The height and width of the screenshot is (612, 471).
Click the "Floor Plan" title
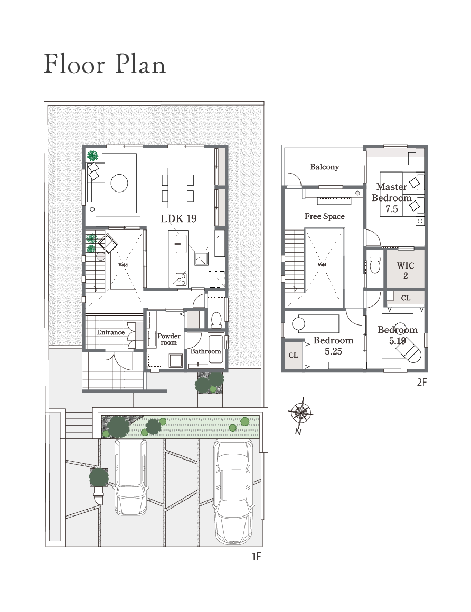105,64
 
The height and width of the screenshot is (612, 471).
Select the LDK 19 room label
178,218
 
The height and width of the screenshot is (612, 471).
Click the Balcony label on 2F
324,167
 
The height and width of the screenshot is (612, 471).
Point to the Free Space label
325,216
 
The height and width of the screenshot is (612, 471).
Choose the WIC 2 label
406,271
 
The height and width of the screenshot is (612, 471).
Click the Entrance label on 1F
110,332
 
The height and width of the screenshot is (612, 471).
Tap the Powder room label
169,339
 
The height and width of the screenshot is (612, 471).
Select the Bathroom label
205,351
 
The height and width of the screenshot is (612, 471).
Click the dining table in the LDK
178,188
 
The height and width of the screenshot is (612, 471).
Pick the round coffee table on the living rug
119,183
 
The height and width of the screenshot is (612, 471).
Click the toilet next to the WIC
375,265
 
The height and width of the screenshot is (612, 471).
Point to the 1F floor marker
256,556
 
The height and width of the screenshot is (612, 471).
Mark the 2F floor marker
422,382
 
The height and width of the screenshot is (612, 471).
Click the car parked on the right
233,492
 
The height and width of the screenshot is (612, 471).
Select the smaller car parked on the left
131,477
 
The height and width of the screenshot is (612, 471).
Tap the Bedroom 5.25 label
333,346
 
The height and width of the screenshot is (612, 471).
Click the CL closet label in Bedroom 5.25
293,355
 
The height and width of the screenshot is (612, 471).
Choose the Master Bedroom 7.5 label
392,198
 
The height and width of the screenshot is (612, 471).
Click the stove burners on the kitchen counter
181,279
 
